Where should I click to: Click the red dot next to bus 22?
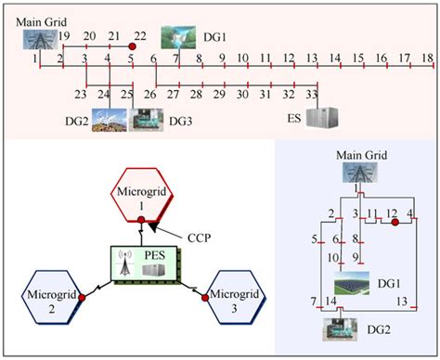point(133,45)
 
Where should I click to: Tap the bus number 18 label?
point(427,58)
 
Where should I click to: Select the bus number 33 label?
point(311,95)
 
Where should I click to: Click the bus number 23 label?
point(81,95)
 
